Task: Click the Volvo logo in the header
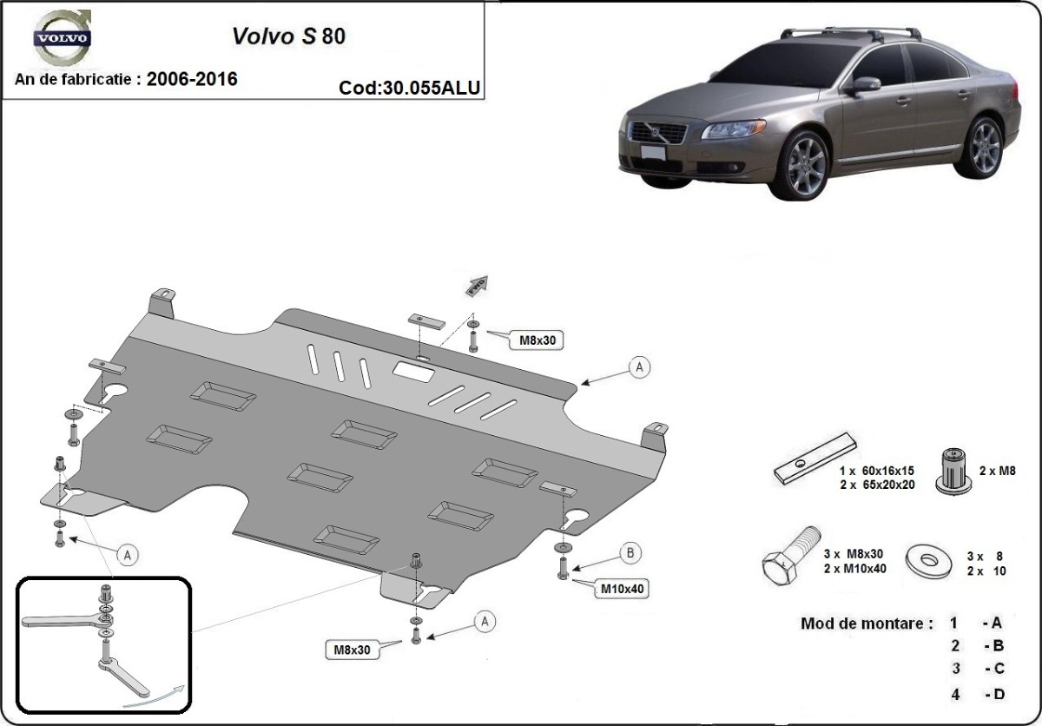[x=62, y=38]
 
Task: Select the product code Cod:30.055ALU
[x=410, y=88]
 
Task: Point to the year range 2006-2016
[x=192, y=79]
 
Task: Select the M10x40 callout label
[x=623, y=589]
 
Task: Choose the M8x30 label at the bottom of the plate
[x=353, y=649]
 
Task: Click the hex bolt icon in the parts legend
[x=790, y=557]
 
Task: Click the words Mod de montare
[x=866, y=624]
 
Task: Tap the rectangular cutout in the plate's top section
[x=417, y=370]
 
